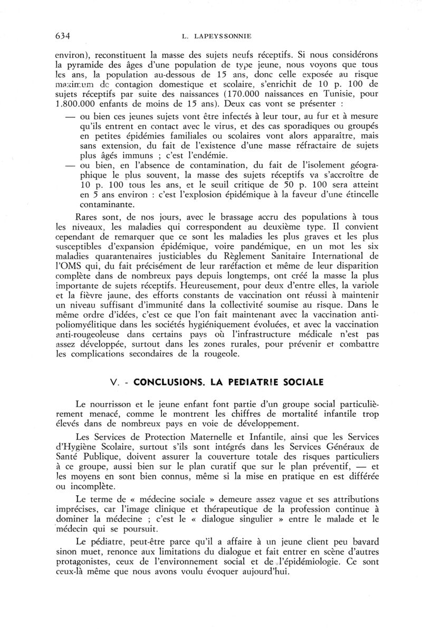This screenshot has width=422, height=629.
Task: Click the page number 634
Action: (x=63, y=36)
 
